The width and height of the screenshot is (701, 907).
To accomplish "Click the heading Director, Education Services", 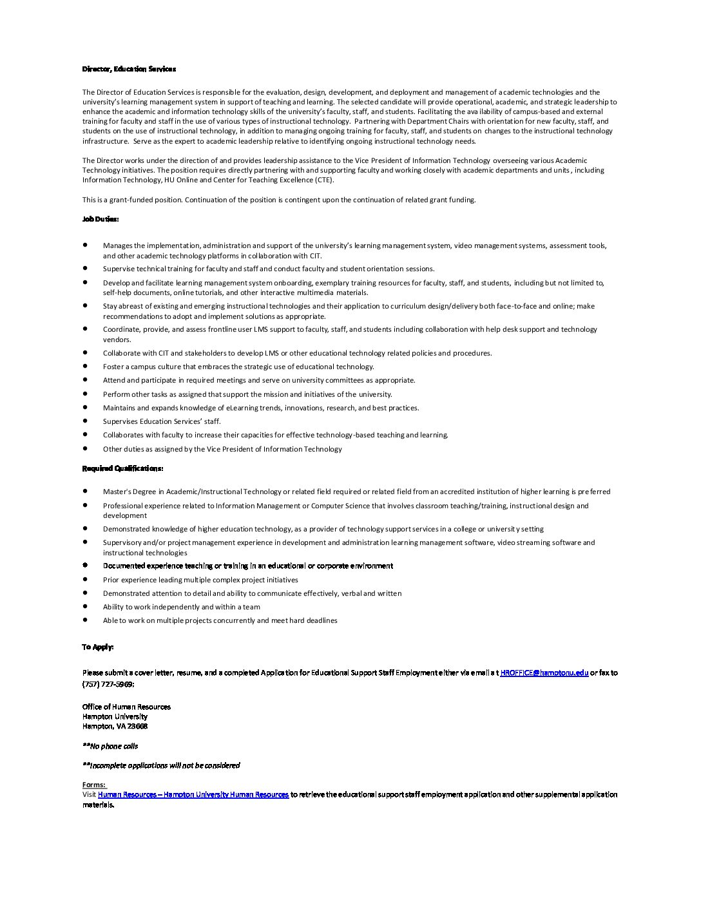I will pyautogui.click(x=129, y=69).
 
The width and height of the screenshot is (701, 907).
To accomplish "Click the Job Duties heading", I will pyautogui.click(x=100, y=219).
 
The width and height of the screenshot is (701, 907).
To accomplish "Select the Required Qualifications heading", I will pyautogui.click(x=122, y=468).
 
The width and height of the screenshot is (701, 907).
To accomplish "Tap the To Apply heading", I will pyautogui.click(x=97, y=647).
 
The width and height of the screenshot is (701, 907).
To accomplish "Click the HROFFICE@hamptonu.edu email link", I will pyautogui.click(x=544, y=673).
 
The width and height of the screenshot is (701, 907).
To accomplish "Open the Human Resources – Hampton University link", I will pyautogui.click(x=193, y=795).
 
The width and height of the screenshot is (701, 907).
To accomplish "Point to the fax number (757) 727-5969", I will pyautogui.click(x=108, y=683).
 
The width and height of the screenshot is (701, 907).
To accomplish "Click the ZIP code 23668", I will pyautogui.click(x=137, y=726).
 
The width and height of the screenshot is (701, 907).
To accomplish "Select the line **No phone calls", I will pyautogui.click(x=110, y=746).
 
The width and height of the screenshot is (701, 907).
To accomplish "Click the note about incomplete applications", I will pyautogui.click(x=161, y=765).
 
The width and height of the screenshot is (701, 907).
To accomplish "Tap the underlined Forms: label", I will pyautogui.click(x=94, y=785).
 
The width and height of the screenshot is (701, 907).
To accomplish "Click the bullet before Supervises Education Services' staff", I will pyautogui.click(x=85, y=421).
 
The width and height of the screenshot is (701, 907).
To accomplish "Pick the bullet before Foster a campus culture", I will pyautogui.click(x=85, y=366).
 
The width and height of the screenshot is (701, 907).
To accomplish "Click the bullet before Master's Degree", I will pyautogui.click(x=85, y=491).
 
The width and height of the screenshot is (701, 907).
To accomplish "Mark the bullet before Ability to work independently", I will pyautogui.click(x=85, y=606).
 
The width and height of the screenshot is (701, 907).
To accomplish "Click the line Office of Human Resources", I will pyautogui.click(x=126, y=707).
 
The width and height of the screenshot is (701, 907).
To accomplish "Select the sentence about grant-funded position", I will pyautogui.click(x=279, y=200).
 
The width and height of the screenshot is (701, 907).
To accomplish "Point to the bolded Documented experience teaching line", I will pyautogui.click(x=248, y=566).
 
